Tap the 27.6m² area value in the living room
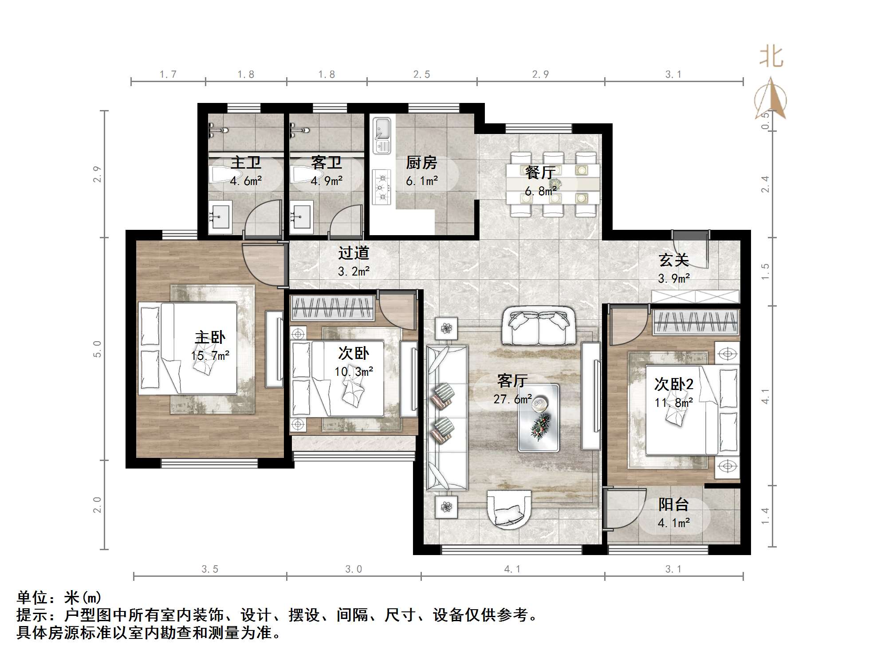(x=512, y=399)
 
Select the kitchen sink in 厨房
(x=381, y=135)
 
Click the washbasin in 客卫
(x=302, y=217)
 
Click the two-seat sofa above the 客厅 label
(x=539, y=326)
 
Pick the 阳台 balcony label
(x=673, y=504)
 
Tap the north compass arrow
(x=771, y=99)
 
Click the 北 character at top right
(x=771, y=57)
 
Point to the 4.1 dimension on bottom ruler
(x=512, y=569)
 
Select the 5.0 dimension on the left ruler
(x=97, y=349)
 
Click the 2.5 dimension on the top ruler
(x=421, y=75)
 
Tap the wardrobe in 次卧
(x=332, y=307)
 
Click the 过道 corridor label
(x=354, y=253)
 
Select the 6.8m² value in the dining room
(x=541, y=191)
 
